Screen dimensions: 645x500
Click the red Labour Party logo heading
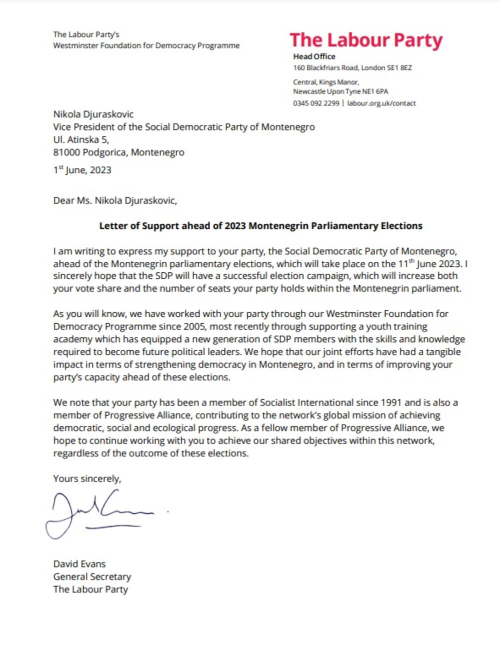[x=366, y=40]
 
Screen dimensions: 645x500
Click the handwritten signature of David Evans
[x=100, y=512]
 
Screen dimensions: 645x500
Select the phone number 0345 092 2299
[x=316, y=103]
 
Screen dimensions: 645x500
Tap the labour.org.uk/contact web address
[x=381, y=103]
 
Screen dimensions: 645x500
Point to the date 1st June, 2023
[x=82, y=170]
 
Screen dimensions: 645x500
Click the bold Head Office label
[x=314, y=56]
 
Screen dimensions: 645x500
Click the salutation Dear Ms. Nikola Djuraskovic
[x=115, y=201]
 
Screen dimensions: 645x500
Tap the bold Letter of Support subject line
[x=260, y=226]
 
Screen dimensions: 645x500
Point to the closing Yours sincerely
[x=87, y=479]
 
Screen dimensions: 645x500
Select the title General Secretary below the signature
[x=92, y=577]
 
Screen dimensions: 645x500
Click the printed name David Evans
[x=79, y=564]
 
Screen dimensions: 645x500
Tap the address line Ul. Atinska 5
[x=81, y=139]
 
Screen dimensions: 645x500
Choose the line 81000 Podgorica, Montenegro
[x=118, y=152]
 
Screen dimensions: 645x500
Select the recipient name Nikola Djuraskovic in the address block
[x=93, y=114]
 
